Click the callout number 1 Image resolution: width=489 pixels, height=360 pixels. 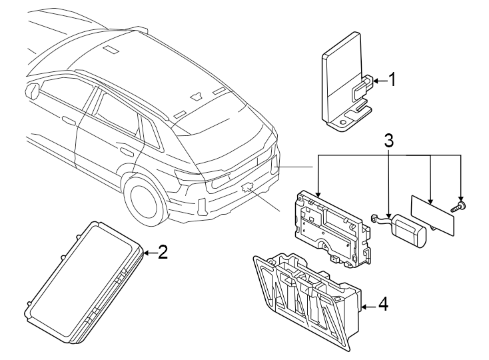(x=392, y=80)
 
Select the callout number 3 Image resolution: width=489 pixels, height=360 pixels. (x=389, y=141)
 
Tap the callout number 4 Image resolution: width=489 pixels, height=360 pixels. (x=382, y=304)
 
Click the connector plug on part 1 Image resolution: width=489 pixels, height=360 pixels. (x=362, y=84)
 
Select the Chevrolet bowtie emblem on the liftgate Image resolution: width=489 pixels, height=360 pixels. (x=247, y=187)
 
